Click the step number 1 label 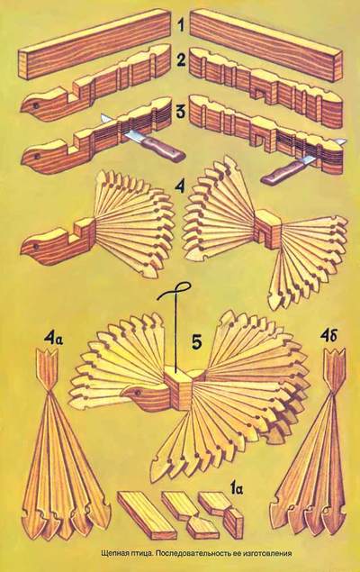click(181, 27)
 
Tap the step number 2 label click(180, 59)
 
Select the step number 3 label click(181, 112)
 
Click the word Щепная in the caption click(114, 553)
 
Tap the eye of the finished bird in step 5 click(138, 393)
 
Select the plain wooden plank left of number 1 click(94, 43)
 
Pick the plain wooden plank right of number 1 click(266, 44)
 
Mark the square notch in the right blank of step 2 click(261, 95)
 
